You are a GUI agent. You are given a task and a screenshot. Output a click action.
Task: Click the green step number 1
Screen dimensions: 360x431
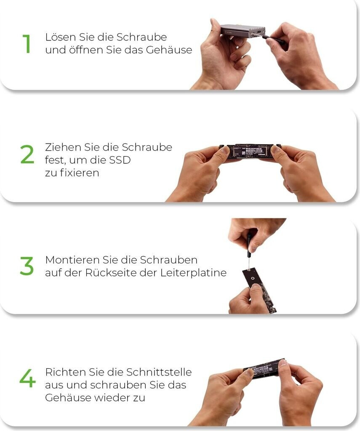27,43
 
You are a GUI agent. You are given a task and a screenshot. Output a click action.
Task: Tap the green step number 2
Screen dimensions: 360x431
27,154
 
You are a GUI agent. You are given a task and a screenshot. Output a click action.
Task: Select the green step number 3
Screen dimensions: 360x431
27,266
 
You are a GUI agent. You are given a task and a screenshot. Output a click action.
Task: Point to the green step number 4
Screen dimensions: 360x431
27,378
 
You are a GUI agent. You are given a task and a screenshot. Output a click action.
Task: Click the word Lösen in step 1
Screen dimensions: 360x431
61,37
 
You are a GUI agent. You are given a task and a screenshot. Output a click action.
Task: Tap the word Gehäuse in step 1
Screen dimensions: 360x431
169,50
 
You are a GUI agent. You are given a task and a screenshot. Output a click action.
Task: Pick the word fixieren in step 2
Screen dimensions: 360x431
80,173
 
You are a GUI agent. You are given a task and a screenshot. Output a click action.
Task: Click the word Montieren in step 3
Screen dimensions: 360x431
72,260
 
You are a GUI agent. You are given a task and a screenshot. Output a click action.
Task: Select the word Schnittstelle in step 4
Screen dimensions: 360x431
159,372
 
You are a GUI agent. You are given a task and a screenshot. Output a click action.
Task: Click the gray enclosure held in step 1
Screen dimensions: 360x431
243,31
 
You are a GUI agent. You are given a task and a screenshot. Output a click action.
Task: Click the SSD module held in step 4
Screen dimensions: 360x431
264,369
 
